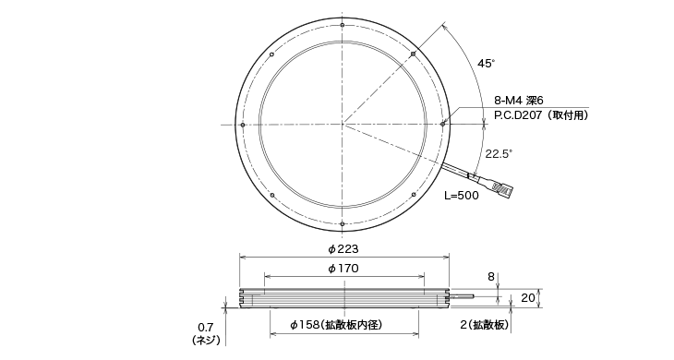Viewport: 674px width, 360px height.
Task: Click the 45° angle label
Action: point(487,64)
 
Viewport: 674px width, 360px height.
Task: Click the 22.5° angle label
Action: point(499,154)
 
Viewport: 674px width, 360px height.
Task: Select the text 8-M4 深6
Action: point(519,101)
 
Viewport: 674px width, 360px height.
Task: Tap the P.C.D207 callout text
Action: point(541,115)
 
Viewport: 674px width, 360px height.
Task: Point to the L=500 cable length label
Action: point(462,196)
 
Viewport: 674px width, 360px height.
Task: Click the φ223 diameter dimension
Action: point(343,248)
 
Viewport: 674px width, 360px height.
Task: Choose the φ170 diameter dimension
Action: point(343,269)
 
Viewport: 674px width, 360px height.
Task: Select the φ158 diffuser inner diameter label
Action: point(336,325)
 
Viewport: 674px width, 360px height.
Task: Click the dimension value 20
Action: point(528,298)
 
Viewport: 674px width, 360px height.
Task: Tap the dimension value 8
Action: point(491,277)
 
